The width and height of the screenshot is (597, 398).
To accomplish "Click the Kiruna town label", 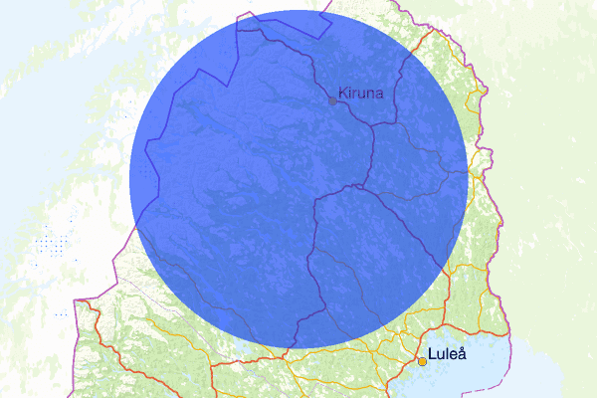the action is coord(359,94).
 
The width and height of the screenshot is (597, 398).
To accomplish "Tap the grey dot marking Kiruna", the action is coord(332,100).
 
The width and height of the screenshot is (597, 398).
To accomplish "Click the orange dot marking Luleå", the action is coord(422,361).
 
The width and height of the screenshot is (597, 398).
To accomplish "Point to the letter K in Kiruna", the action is coord(342,94).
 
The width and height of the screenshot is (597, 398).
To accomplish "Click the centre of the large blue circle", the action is coord(298,179).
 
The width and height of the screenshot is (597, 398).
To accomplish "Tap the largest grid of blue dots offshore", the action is coord(49,244).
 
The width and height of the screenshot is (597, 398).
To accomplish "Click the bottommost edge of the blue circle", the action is coord(298,347).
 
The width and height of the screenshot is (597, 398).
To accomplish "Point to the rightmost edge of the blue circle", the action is coord(467,179).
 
